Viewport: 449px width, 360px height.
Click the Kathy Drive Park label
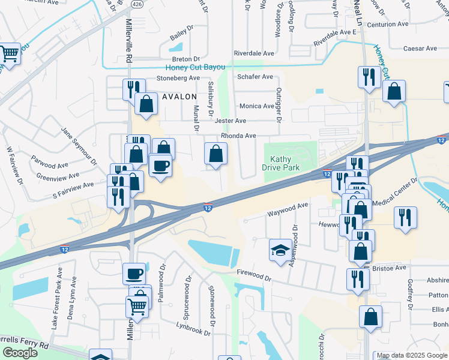280,163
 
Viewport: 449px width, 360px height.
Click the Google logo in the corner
20,352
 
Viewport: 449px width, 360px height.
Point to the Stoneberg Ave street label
178,78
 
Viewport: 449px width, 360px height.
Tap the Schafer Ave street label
255,77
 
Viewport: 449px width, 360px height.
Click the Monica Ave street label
257,106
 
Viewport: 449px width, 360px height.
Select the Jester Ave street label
231,121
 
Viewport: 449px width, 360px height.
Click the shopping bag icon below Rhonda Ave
215,154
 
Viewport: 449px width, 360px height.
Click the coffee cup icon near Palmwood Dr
134,274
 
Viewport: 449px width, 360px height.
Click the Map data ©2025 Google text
411,355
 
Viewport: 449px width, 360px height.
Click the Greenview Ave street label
58,176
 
